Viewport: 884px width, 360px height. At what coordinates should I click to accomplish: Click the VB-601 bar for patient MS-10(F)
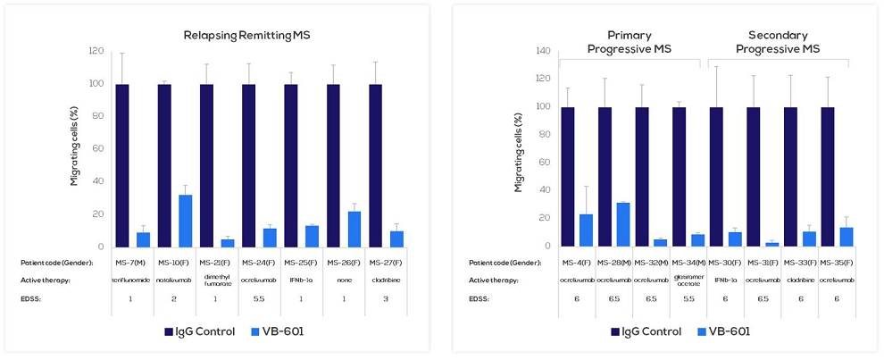point(186,221)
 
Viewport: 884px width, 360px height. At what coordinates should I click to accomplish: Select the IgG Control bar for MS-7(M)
point(122,165)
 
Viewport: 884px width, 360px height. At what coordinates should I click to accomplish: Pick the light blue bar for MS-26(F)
point(354,229)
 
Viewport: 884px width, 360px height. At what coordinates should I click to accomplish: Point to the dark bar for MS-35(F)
point(828,176)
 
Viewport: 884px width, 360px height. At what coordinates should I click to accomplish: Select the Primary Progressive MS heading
point(630,42)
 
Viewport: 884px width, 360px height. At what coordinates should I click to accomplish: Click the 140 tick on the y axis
point(542,51)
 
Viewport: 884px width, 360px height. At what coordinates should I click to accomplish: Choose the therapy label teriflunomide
point(129,280)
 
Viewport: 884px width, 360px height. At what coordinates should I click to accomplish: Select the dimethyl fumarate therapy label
point(206,280)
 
